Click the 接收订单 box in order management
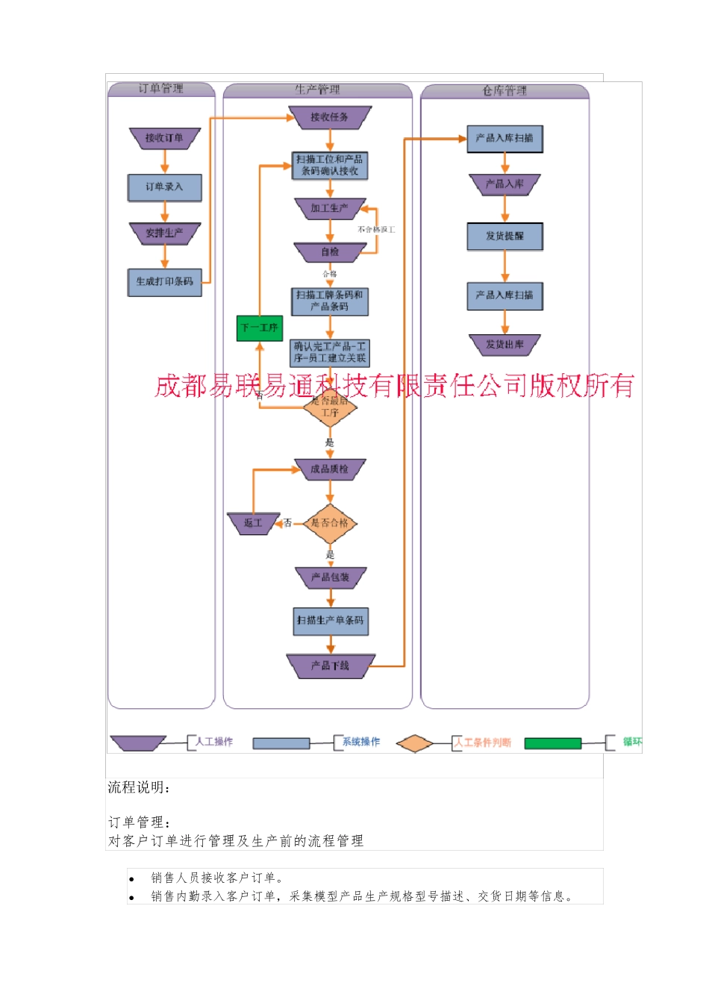tap(164, 138)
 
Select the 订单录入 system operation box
tap(164, 187)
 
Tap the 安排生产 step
tap(164, 234)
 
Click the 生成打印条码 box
tap(164, 282)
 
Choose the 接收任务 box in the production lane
tap(329, 117)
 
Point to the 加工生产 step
tap(329, 208)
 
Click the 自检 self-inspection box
tap(329, 252)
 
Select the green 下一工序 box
tap(259, 328)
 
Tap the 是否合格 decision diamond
tap(329, 523)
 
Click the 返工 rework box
tap(253, 523)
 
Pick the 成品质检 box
tap(329, 469)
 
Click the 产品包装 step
tap(329, 578)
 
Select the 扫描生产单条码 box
tap(329, 621)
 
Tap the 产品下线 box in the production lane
tap(329, 666)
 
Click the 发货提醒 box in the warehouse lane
tap(505, 237)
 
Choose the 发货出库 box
tap(505, 345)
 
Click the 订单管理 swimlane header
tap(161, 89)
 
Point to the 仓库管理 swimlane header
tap(505, 91)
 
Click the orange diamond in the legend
tap(414, 743)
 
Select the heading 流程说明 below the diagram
tap(139, 787)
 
